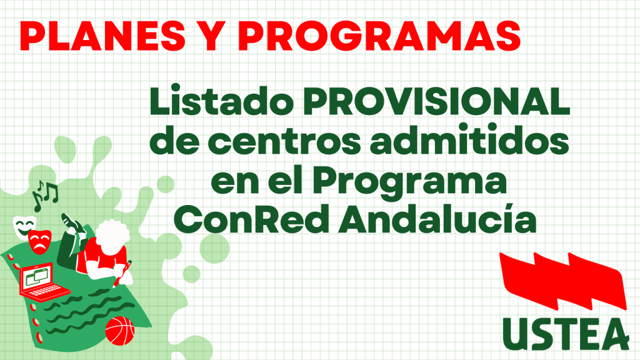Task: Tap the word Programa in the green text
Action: [410, 182]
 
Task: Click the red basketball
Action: [119, 330]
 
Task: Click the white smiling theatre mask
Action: [24, 227]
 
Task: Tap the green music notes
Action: [45, 196]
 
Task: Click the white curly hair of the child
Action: [112, 236]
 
